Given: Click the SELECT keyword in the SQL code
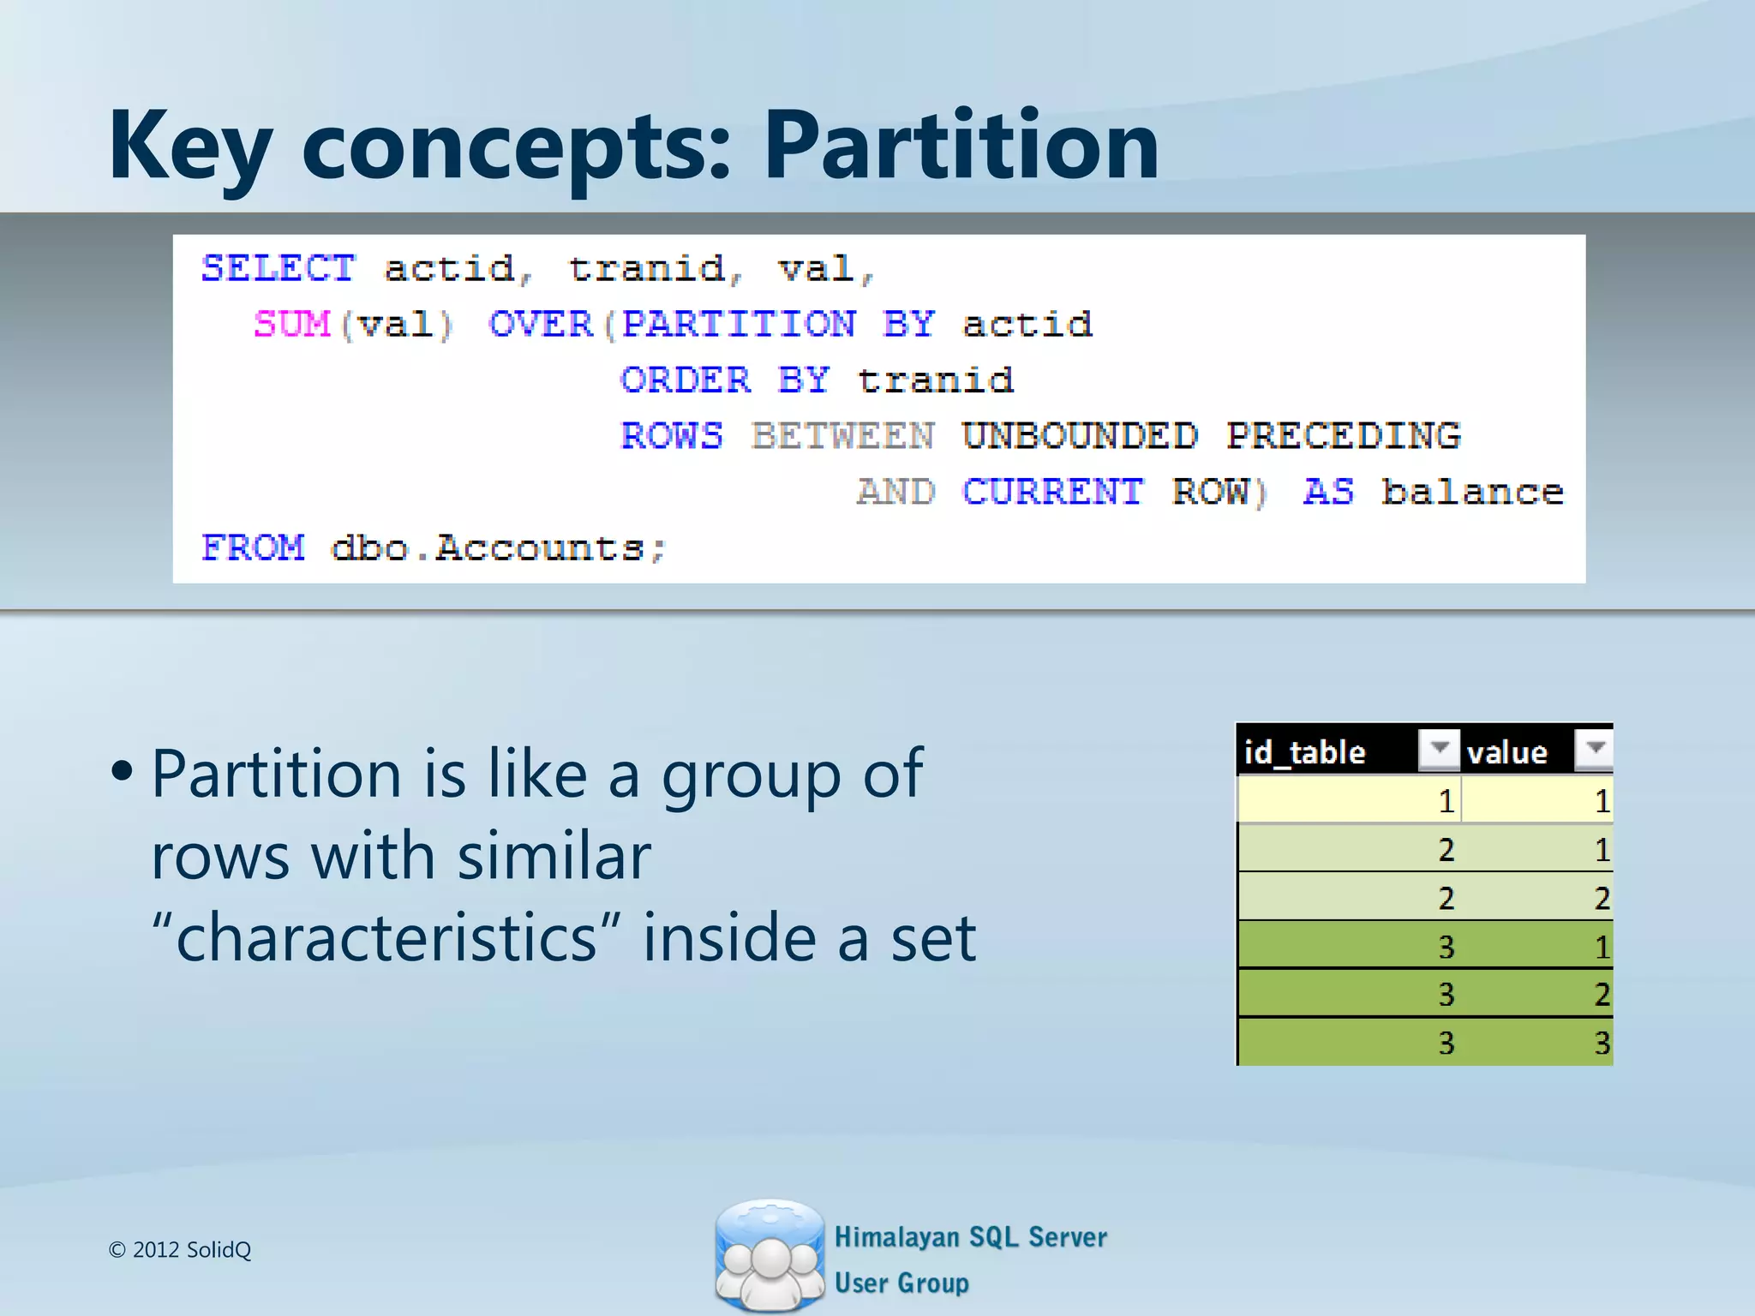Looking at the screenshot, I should click(x=278, y=269).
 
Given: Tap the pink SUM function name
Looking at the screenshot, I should click(x=291, y=325).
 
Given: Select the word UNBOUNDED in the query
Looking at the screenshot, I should click(x=1079, y=436).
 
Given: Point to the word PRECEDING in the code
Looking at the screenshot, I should click(x=1343, y=436).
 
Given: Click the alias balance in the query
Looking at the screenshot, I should click(x=1472, y=493).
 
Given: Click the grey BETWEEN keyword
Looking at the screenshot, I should click(x=842, y=436).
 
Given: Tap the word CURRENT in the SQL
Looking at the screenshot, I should click(x=1052, y=493).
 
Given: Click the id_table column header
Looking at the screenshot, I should click(x=1304, y=752).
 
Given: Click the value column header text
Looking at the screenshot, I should click(x=1506, y=752).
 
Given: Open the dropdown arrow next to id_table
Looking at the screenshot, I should click(x=1439, y=749).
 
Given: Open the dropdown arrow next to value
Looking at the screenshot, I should click(x=1595, y=749).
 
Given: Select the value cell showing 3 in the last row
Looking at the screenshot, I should click(x=1601, y=1043).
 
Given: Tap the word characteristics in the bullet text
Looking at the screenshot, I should click(x=386, y=938).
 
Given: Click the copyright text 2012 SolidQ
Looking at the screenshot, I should click(x=180, y=1250).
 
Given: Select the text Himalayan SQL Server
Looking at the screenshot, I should click(x=970, y=1237).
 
